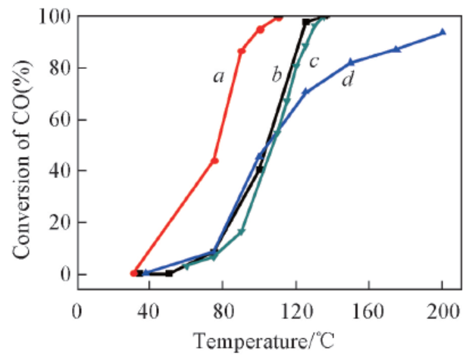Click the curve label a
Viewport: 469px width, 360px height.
(x=219, y=76)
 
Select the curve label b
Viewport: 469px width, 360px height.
(x=277, y=74)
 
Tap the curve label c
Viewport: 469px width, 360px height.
(x=313, y=61)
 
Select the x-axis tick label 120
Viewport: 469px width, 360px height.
(x=295, y=312)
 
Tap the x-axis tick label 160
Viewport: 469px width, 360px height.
(x=369, y=312)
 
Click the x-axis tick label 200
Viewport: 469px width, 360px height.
(x=442, y=312)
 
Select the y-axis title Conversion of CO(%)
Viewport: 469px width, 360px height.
(x=20, y=144)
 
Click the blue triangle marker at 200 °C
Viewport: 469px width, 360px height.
(x=442, y=32)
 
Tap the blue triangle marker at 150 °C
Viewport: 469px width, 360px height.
(x=351, y=61)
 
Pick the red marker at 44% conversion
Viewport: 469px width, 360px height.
(x=214, y=161)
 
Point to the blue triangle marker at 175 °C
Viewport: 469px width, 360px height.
(x=396, y=49)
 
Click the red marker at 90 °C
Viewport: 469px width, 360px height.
(x=242, y=51)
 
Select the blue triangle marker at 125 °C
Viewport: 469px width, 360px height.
(x=305, y=92)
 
